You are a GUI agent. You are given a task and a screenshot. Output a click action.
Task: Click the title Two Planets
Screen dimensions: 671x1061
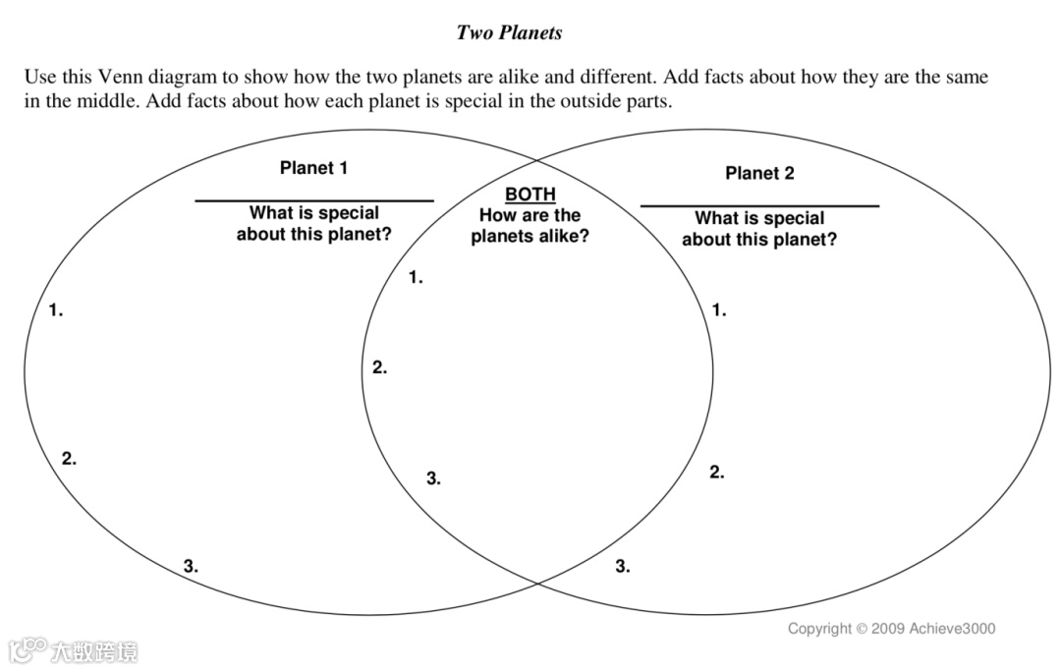509,32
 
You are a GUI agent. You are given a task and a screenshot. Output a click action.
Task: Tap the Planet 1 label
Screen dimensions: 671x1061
313,168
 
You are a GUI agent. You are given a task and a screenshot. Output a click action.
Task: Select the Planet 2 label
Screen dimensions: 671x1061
759,174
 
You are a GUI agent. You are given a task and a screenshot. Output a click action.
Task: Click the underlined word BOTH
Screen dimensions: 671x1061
530,195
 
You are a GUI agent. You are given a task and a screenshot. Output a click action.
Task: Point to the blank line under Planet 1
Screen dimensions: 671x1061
313,200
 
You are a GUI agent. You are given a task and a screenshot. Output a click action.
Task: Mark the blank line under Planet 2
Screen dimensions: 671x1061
759,206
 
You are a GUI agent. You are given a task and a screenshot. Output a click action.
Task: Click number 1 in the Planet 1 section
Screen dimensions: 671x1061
56,310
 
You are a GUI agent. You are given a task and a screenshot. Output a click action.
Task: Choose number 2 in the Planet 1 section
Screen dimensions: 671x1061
69,459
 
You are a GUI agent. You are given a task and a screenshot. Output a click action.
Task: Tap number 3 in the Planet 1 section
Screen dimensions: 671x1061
191,566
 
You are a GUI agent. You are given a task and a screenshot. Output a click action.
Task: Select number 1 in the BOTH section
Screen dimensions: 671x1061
416,278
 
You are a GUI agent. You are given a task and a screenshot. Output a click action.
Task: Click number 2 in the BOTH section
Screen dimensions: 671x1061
379,368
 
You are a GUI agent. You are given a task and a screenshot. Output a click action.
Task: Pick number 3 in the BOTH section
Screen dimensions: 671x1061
433,479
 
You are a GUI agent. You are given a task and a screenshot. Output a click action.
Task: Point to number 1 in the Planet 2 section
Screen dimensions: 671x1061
719,310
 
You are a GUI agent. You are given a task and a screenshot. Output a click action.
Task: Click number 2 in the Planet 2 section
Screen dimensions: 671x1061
717,473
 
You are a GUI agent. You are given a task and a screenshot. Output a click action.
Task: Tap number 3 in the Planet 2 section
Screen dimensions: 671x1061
623,566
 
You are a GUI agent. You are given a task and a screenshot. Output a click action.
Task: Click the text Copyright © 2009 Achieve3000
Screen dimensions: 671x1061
891,629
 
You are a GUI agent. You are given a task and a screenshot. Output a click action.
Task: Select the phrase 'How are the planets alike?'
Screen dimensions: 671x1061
530,226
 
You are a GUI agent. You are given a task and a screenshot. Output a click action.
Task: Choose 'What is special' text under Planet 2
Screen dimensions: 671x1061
759,218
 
